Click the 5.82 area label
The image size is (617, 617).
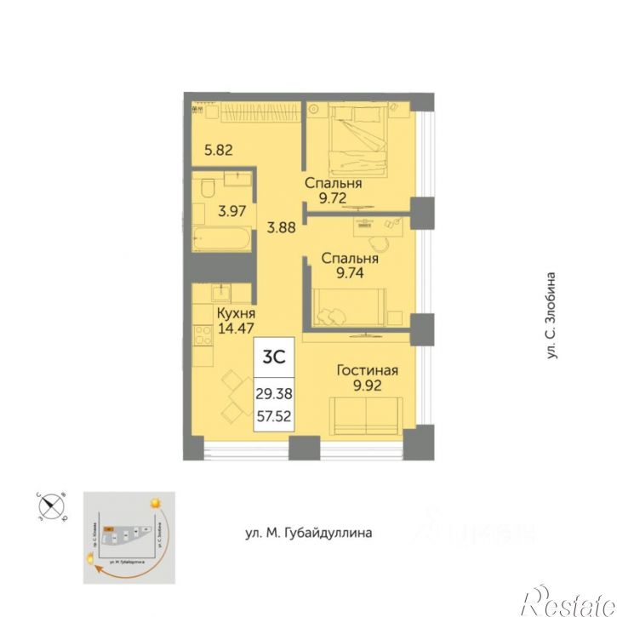click(x=219, y=150)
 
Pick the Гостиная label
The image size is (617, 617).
click(x=367, y=371)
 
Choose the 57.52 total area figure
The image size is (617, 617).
click(x=273, y=418)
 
